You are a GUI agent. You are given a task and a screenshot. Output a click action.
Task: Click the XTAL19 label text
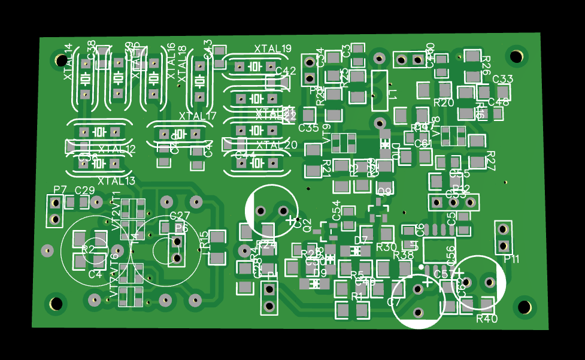pos(272,49)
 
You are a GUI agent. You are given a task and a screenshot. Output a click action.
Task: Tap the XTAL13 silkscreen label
pos(117,181)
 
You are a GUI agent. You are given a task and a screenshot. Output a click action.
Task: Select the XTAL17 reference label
pos(198,116)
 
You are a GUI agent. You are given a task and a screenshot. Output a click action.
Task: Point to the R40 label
pos(487,319)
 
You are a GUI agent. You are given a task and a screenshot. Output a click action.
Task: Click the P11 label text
pos(512,259)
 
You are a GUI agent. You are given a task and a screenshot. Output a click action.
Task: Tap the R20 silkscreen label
pos(444,102)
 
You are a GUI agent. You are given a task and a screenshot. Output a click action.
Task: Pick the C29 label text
pos(84,190)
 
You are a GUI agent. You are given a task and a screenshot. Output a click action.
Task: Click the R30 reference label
pos(387,247)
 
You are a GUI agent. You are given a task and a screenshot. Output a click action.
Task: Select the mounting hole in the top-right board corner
pos(516,56)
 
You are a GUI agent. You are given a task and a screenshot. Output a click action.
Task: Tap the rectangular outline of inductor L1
pos(380,90)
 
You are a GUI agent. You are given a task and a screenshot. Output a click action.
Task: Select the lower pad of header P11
pos(502,244)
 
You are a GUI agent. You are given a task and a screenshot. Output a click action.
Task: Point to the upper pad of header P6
pos(177,242)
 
